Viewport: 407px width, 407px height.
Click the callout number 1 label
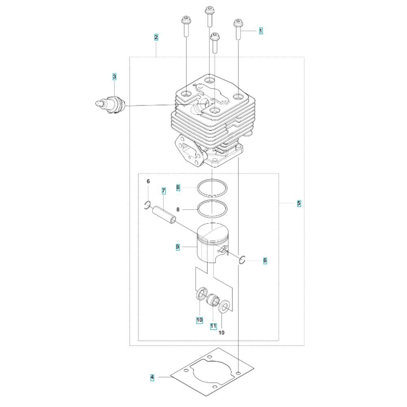[x=261, y=31]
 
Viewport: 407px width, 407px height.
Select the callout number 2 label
[x=156, y=37]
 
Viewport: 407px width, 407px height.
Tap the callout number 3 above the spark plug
[x=114, y=77]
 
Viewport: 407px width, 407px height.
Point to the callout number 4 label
[x=152, y=377]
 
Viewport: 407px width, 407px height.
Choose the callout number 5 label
[x=299, y=203]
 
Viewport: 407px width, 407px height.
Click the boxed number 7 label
[x=164, y=191]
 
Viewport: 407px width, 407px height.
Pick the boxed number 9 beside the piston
[x=177, y=247]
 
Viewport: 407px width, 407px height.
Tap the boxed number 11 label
[x=213, y=326]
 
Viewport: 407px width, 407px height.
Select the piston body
[x=212, y=243]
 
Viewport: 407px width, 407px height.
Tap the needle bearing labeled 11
[x=213, y=300]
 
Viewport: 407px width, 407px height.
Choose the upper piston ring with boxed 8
[x=212, y=188]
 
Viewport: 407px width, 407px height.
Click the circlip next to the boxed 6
[x=242, y=260]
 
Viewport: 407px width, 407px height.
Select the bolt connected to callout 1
[x=238, y=29]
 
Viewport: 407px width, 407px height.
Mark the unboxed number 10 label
[x=221, y=333]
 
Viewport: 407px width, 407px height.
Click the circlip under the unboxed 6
[x=147, y=205]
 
